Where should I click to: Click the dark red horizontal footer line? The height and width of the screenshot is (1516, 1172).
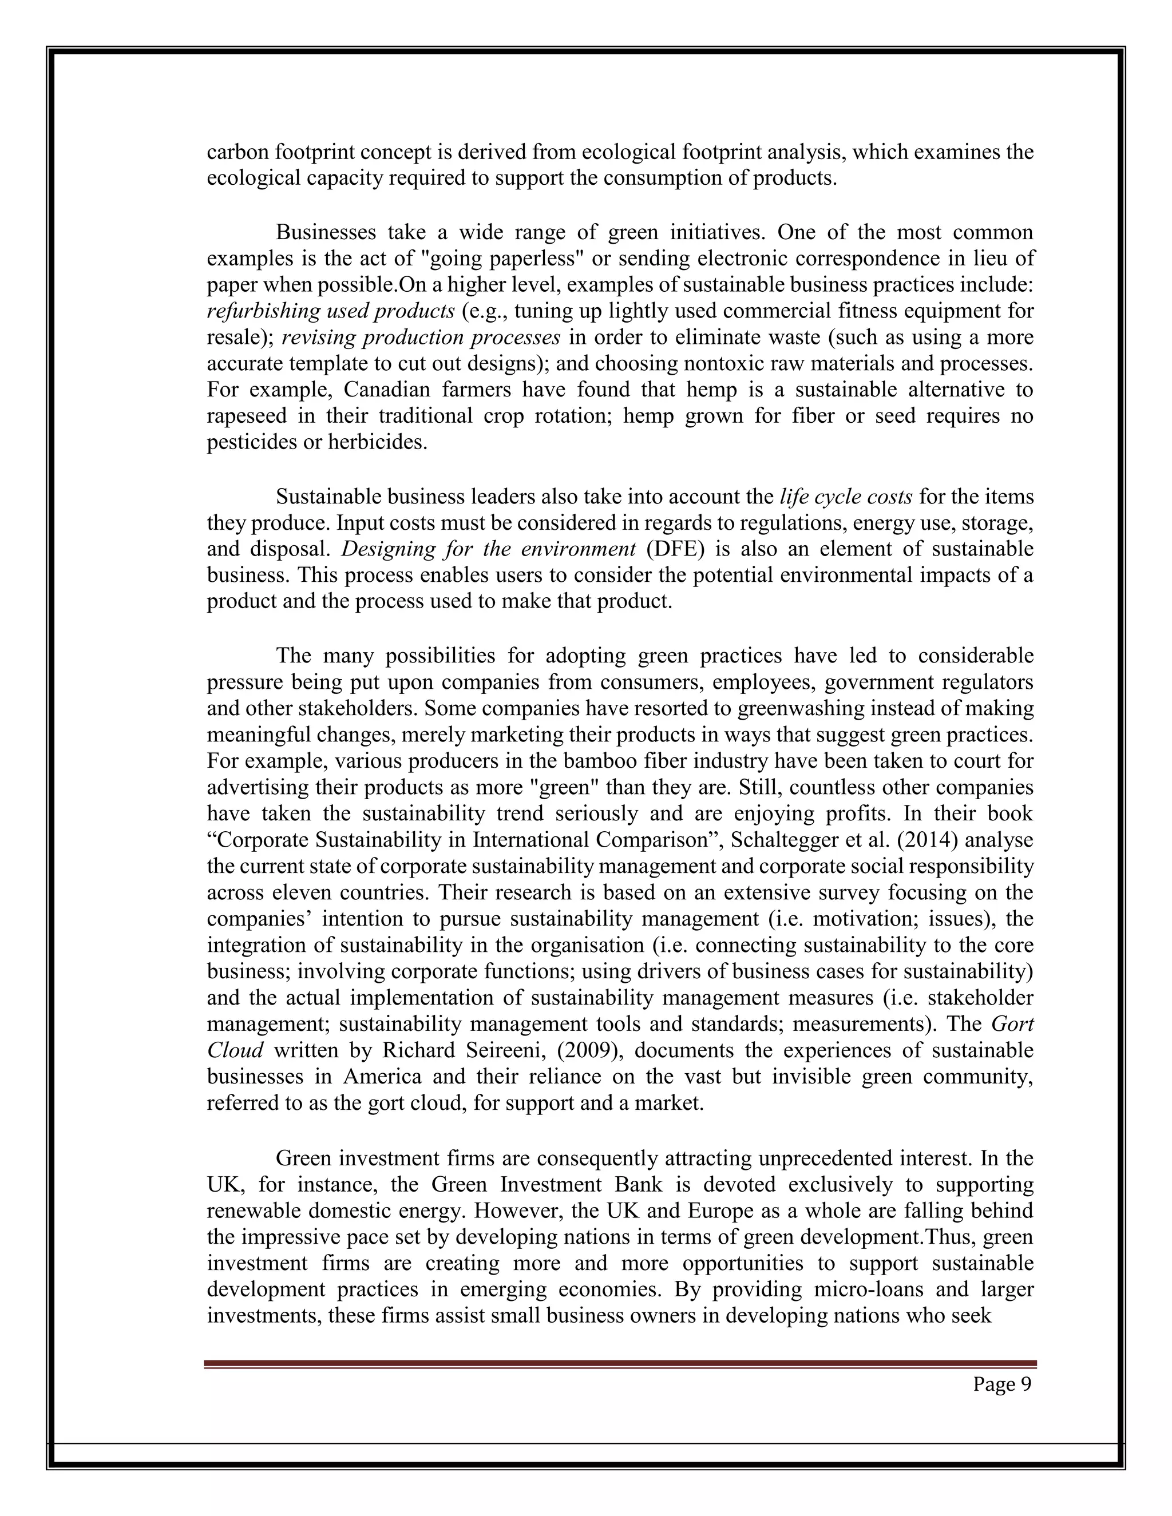(620, 1364)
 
